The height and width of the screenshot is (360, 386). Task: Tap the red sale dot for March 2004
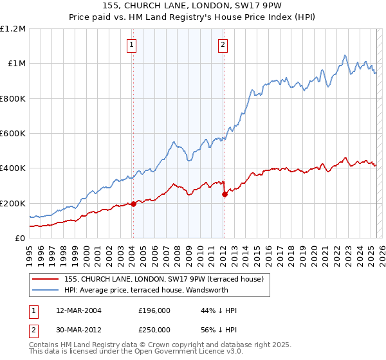click(x=133, y=204)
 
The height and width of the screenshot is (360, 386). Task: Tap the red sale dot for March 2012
click(x=225, y=194)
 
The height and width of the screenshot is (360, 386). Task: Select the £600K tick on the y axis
click(x=13, y=134)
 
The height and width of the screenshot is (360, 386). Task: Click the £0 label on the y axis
click(x=19, y=239)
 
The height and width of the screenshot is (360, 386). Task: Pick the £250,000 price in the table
click(x=154, y=329)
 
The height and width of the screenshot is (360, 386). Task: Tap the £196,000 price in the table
click(x=154, y=310)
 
